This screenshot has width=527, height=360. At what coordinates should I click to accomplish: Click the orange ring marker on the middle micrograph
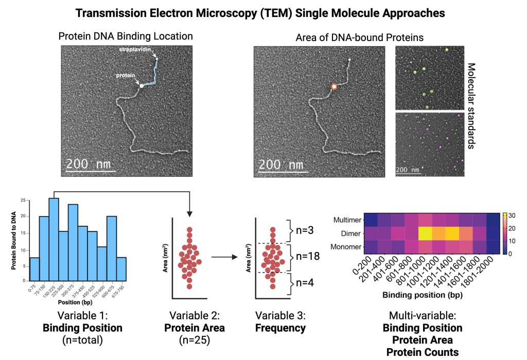[334, 87]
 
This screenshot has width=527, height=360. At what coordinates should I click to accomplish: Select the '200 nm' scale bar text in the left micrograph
[89, 166]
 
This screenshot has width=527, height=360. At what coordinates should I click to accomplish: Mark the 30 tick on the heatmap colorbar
[515, 214]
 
